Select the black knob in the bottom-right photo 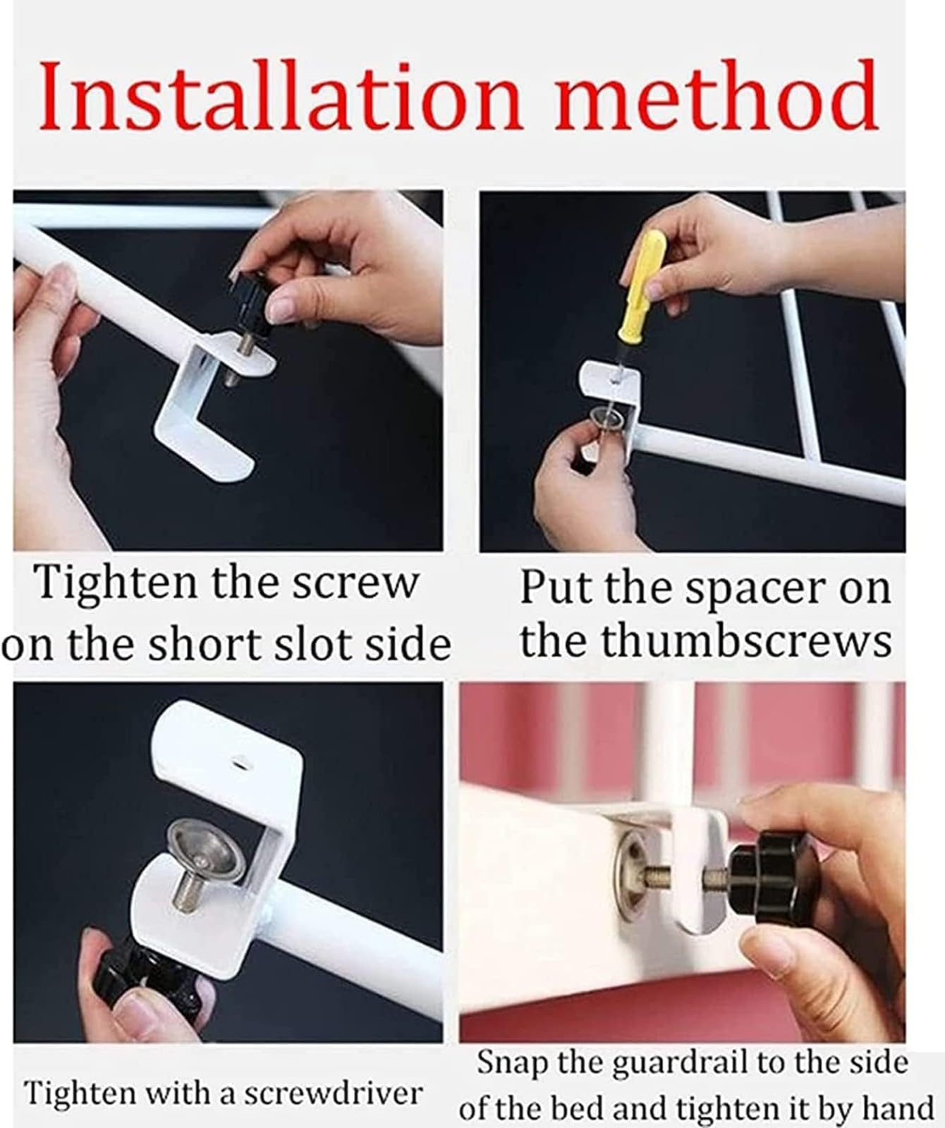tap(761, 881)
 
